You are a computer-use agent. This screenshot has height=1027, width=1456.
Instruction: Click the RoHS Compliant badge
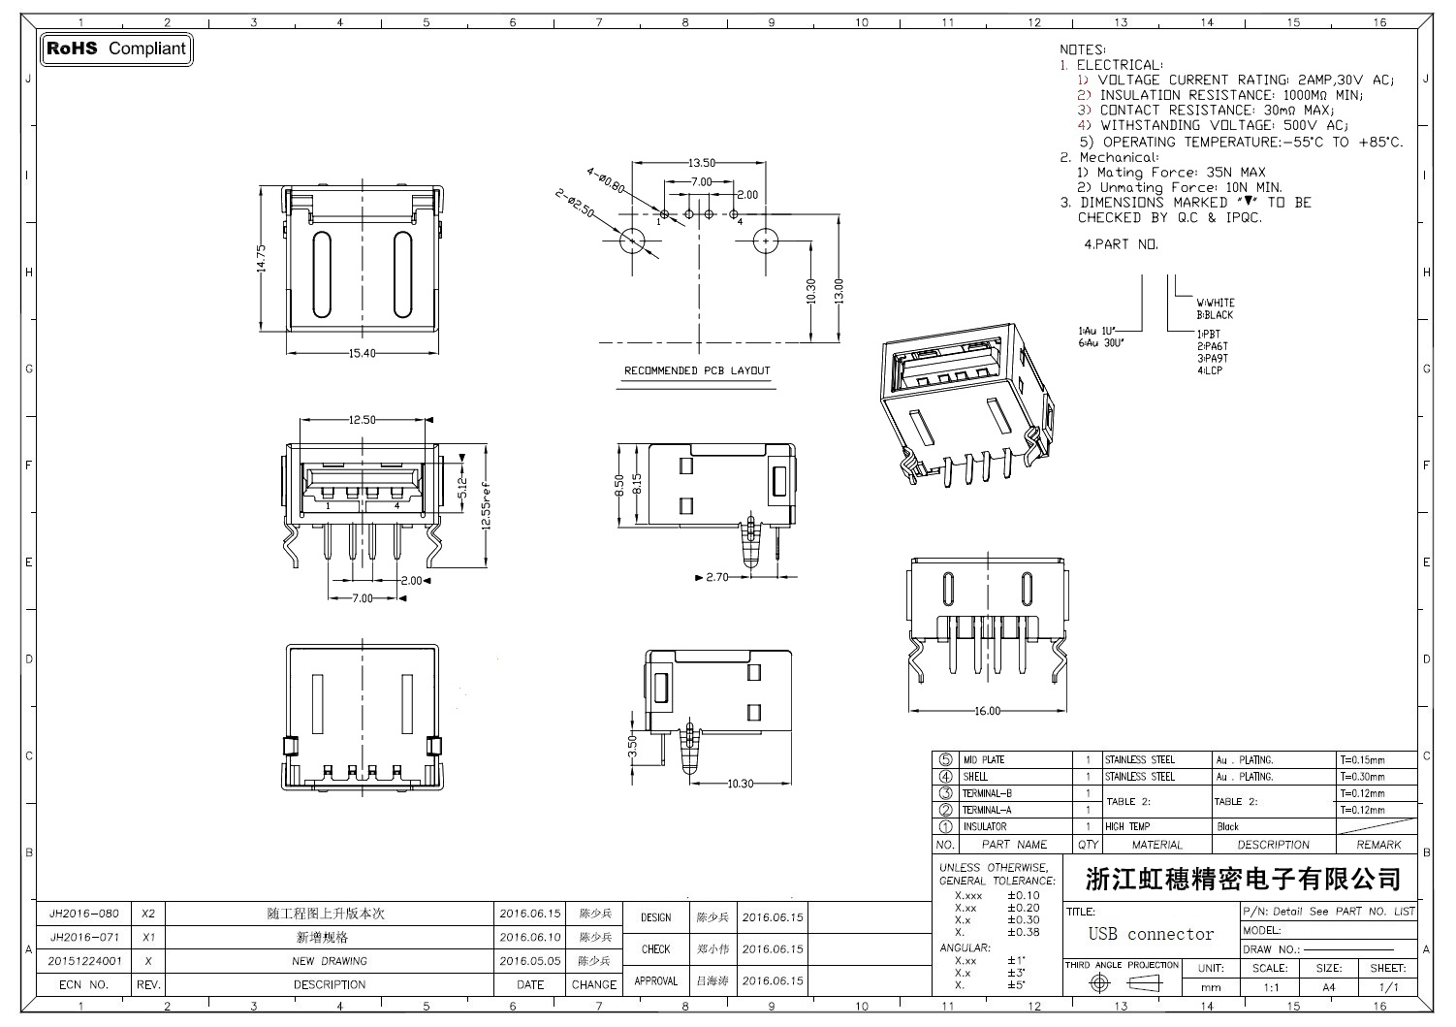[116, 48]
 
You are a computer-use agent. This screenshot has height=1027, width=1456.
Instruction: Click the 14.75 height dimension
[261, 258]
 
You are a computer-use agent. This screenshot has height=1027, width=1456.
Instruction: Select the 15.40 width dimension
[362, 353]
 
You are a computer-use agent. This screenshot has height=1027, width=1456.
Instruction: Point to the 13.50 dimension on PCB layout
[702, 163]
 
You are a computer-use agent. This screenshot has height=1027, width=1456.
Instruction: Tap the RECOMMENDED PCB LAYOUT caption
[696, 370]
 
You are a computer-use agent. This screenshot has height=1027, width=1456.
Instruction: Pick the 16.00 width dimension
[987, 711]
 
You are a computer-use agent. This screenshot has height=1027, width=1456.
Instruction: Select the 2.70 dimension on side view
[716, 577]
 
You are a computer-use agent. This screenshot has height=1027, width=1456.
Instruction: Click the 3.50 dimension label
[632, 745]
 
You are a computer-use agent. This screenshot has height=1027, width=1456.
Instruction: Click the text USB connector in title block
[1151, 934]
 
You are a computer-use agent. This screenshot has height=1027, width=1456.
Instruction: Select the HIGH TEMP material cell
[1127, 827]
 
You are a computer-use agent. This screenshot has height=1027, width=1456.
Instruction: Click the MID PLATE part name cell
[983, 760]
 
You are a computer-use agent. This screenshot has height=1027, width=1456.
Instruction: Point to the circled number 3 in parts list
[945, 793]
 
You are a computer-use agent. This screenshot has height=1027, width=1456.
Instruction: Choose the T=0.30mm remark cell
[1362, 777]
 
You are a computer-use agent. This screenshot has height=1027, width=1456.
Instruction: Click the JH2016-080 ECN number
[84, 914]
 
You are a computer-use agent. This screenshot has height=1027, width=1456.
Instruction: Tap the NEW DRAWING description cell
[330, 961]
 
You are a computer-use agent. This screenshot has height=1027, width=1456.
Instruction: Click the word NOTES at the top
[1082, 49]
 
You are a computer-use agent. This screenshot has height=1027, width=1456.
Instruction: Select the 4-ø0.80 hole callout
[606, 180]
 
